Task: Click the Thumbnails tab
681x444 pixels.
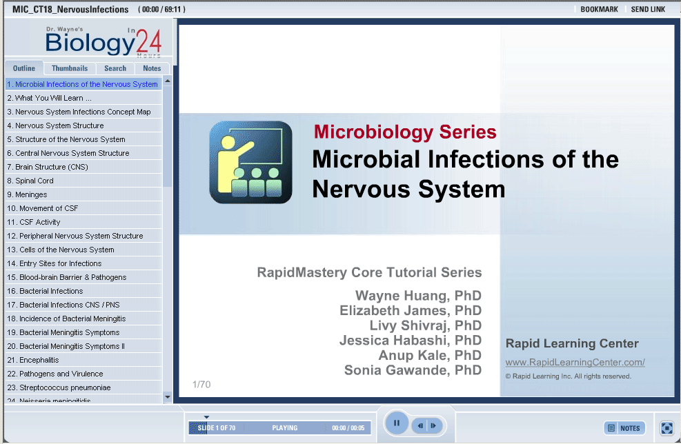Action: pyautogui.click(x=70, y=68)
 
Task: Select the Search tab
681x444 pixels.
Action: pyautogui.click(x=115, y=68)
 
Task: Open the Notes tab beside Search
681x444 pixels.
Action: pyautogui.click(x=152, y=68)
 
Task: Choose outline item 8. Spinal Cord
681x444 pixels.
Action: pyautogui.click(x=30, y=181)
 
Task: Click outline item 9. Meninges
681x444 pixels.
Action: pyautogui.click(x=27, y=194)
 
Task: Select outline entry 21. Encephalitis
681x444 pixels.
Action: pyautogui.click(x=33, y=360)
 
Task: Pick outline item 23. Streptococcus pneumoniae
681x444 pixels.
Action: pyautogui.click(x=59, y=387)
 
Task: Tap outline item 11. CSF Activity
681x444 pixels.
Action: pyautogui.click(x=33, y=222)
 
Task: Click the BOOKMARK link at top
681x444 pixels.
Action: pyautogui.click(x=599, y=9)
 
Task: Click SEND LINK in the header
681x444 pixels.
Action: pyautogui.click(x=648, y=9)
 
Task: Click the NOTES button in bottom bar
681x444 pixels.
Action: pyautogui.click(x=624, y=428)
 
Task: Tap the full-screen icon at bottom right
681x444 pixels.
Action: pyautogui.click(x=667, y=428)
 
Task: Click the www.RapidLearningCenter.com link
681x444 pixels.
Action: pyautogui.click(x=575, y=363)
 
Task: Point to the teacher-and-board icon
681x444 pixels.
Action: pyautogui.click(x=250, y=162)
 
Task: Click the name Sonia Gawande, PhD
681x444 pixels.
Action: pyautogui.click(x=413, y=370)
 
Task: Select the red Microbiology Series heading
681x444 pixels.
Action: pyautogui.click(x=405, y=132)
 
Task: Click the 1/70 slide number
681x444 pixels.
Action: pyautogui.click(x=201, y=385)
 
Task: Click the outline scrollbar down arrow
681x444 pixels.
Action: pyautogui.click(x=168, y=397)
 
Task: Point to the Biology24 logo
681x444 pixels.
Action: pyautogui.click(x=103, y=41)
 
